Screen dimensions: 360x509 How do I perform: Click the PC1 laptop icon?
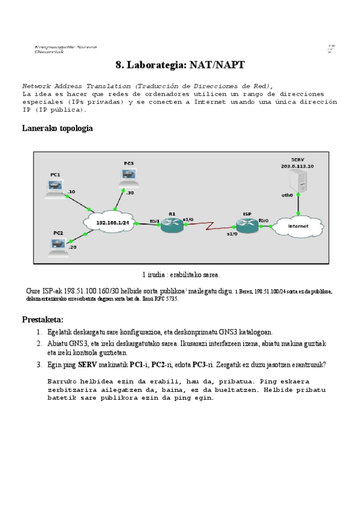point(55,188)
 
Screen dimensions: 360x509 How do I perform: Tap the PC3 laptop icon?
point(128,175)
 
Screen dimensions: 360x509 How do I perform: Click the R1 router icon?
point(172,223)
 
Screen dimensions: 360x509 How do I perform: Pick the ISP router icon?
point(246,223)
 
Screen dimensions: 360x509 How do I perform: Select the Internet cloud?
point(298,226)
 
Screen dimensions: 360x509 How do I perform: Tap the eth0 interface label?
point(287,195)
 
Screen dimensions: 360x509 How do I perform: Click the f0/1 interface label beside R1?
point(154,221)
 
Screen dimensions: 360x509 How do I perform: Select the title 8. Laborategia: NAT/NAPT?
point(180,64)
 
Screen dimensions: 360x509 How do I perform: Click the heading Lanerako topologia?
point(57,128)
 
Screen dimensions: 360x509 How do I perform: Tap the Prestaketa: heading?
point(43,319)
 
